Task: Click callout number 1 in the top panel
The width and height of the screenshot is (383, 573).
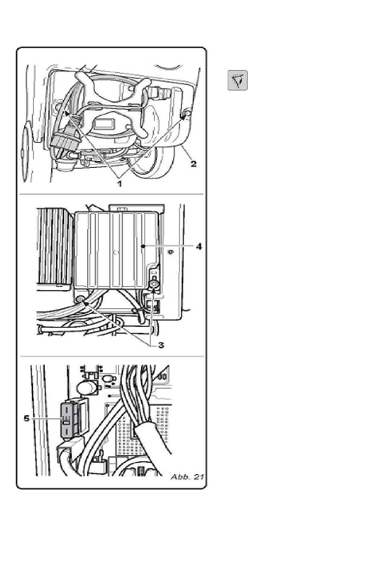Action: (119, 184)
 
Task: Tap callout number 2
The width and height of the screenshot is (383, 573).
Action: (194, 163)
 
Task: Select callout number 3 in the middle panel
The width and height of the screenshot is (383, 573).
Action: (161, 345)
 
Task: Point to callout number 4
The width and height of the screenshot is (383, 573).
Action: (199, 247)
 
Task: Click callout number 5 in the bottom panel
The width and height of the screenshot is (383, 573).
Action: (27, 418)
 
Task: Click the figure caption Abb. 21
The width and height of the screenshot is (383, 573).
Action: (187, 477)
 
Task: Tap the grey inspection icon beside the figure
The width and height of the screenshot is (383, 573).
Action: (237, 80)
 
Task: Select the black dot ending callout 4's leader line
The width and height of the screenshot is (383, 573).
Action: (144, 246)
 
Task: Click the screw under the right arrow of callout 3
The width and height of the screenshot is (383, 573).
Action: (154, 284)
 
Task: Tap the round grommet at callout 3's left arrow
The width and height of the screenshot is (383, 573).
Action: (80, 300)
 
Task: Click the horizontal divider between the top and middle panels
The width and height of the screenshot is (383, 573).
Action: (111, 194)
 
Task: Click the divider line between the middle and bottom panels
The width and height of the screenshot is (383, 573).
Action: (112, 356)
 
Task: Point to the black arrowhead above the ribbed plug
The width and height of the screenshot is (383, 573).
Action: (67, 113)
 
